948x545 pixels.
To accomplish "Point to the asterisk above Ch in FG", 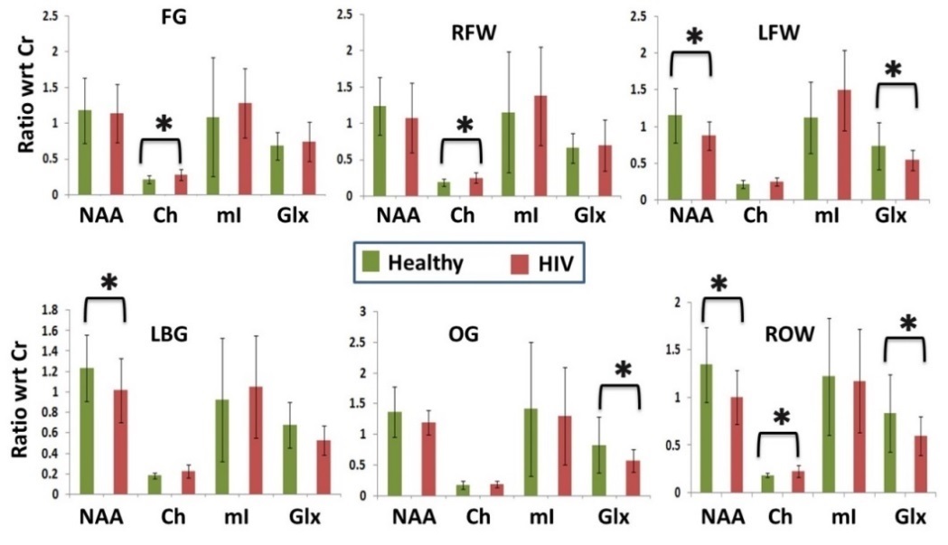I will click(x=164, y=124).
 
